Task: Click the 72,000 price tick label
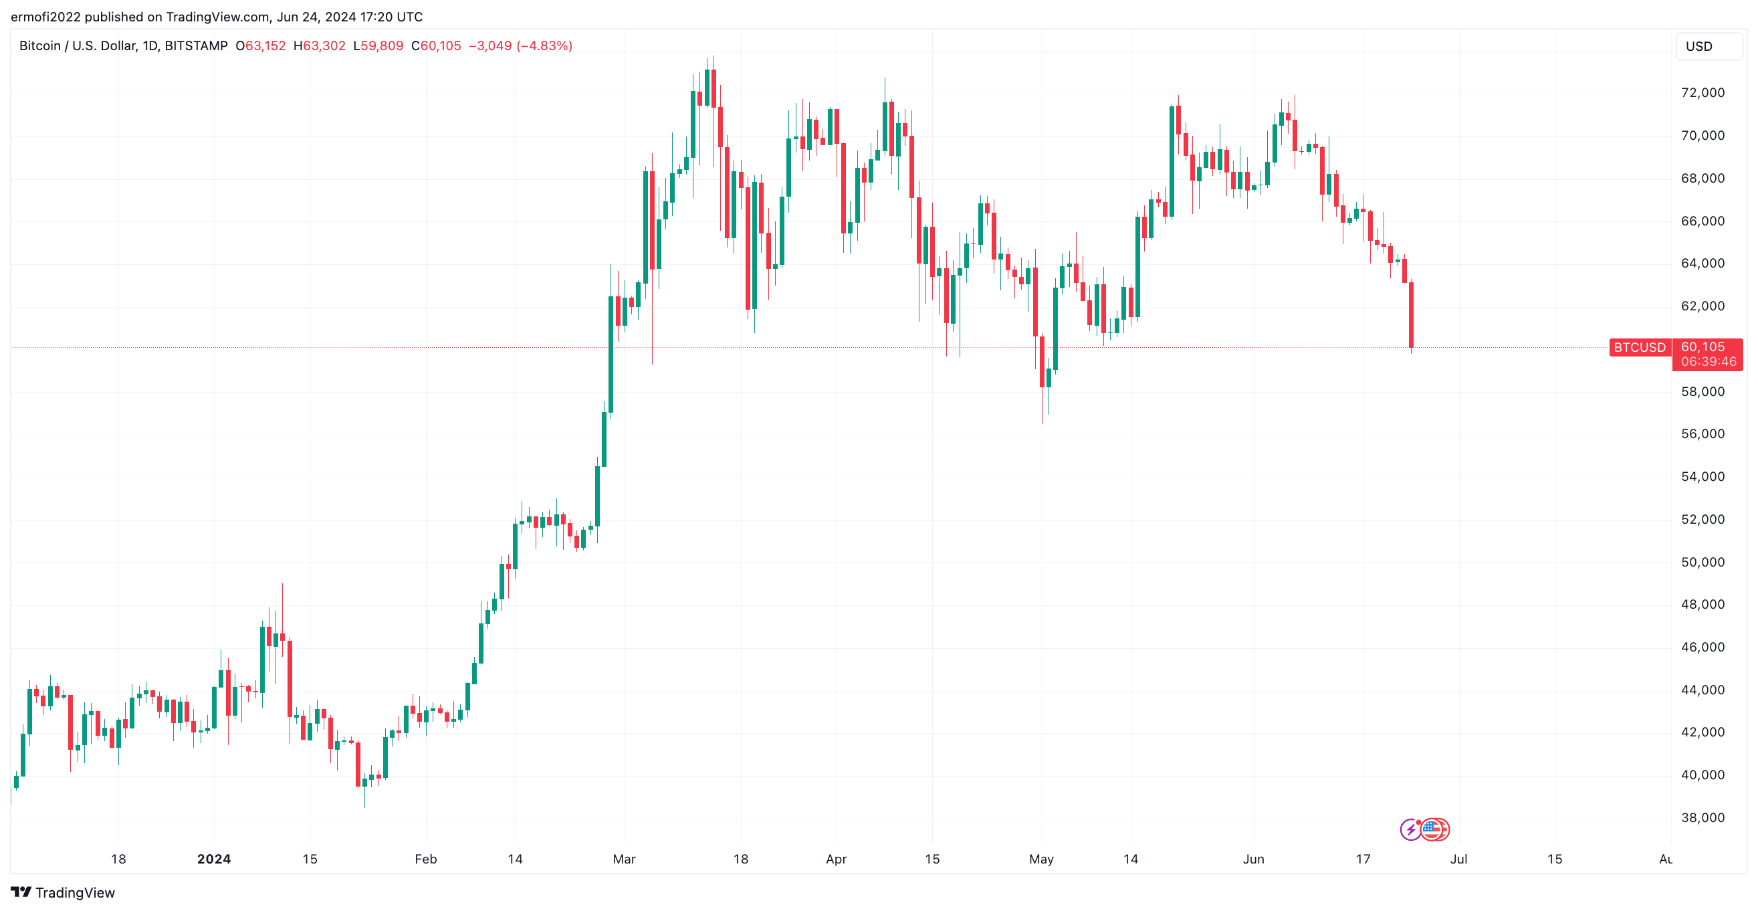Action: (1702, 93)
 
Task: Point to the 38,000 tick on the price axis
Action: (1702, 817)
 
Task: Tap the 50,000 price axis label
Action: (1702, 563)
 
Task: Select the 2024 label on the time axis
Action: (213, 859)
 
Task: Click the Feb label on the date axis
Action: (425, 859)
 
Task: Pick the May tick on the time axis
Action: (1040, 859)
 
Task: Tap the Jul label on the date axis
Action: (1458, 859)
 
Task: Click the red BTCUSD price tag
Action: (1639, 347)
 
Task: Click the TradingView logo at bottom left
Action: (63, 892)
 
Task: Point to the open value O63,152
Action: (261, 45)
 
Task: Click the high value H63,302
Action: (320, 45)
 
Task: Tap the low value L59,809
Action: (378, 45)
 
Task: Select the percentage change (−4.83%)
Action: (544, 45)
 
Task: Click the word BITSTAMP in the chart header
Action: (196, 45)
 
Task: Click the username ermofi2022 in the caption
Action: (45, 17)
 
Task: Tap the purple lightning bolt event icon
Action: (1410, 830)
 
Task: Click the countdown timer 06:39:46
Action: (1708, 362)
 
